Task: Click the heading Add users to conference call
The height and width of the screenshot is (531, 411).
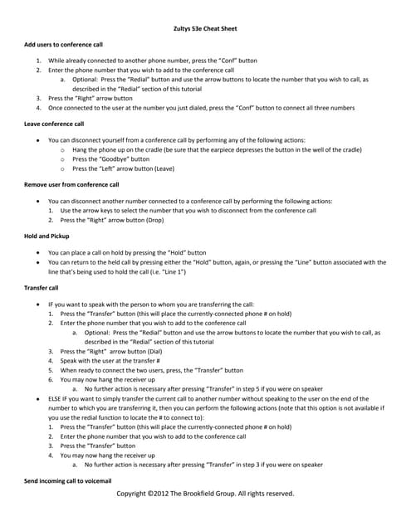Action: (x=64, y=43)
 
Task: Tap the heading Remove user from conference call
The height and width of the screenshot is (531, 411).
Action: (x=71, y=184)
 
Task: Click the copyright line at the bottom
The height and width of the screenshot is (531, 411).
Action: (x=205, y=494)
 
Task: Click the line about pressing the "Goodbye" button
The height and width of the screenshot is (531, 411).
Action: (x=111, y=158)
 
